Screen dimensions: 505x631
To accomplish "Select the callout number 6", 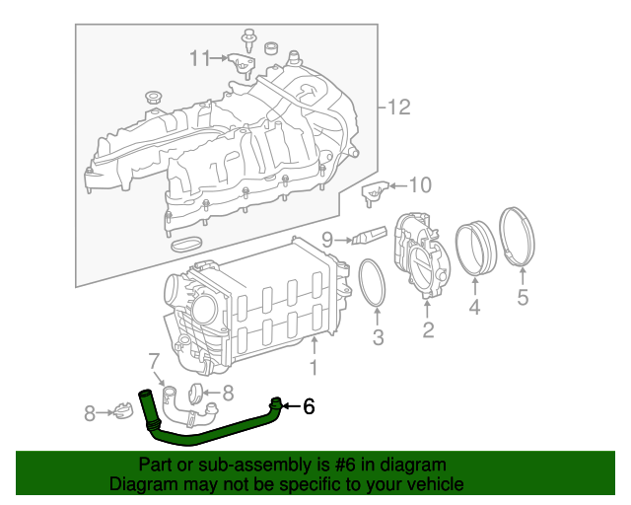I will [309, 404].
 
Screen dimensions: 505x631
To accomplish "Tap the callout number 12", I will [398, 108].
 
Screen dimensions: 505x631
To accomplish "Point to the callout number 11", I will [200, 58].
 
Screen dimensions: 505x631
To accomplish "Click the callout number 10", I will [420, 184].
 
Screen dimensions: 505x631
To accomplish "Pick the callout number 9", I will [327, 238].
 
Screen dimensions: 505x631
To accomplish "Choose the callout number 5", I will [523, 296].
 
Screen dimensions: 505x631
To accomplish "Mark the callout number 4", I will [474, 309].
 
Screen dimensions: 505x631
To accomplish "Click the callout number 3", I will [377, 340].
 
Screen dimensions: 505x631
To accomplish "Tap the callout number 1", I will [314, 369].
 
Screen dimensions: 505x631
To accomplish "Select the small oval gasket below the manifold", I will [186, 243].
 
